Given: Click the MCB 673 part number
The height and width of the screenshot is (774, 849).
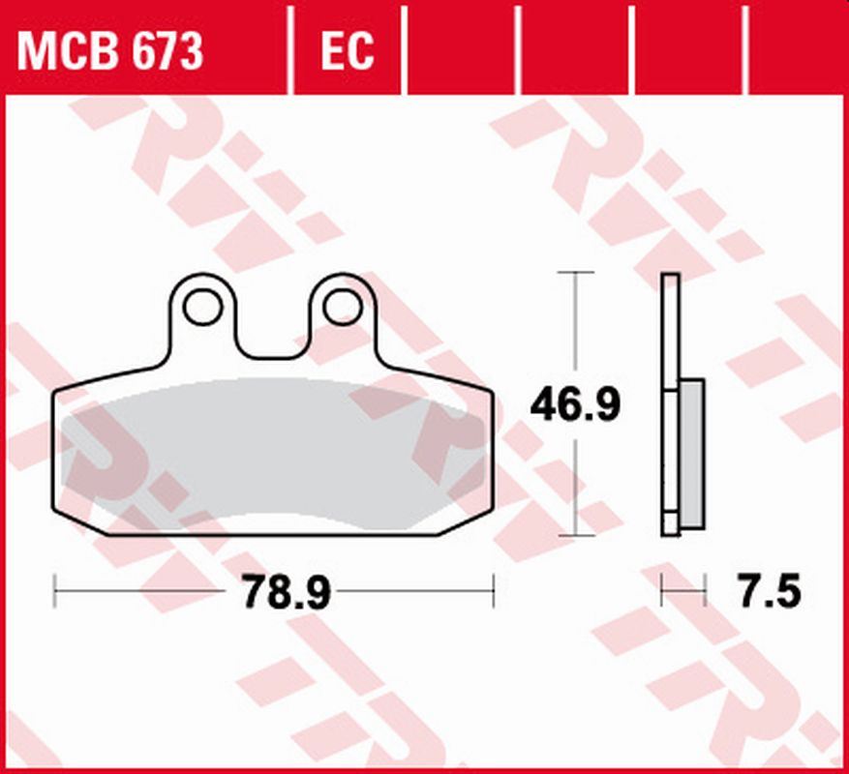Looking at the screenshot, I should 110,51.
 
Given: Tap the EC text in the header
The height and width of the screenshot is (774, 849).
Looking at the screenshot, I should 347,51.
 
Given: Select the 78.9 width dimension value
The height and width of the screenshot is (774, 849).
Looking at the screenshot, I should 287,591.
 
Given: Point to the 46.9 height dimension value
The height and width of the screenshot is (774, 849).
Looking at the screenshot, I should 575,405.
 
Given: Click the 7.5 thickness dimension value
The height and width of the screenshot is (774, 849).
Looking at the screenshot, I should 771,591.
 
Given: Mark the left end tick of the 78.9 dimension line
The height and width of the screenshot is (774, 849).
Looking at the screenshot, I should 55,590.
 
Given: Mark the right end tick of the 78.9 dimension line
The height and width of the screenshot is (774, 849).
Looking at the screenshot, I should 494,590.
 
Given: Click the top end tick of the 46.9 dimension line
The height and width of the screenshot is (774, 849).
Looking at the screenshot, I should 577,274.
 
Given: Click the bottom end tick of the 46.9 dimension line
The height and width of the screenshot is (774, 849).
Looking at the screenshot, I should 577,535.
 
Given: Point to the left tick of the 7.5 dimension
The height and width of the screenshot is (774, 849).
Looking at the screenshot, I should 662,590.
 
